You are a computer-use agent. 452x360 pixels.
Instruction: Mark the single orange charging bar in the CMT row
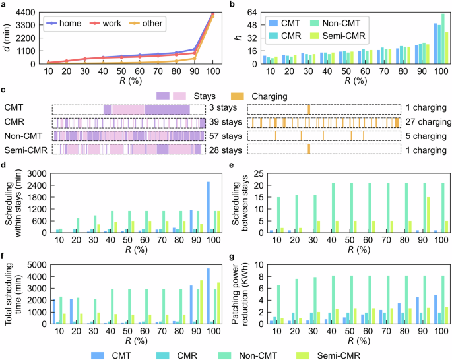[308, 109]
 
